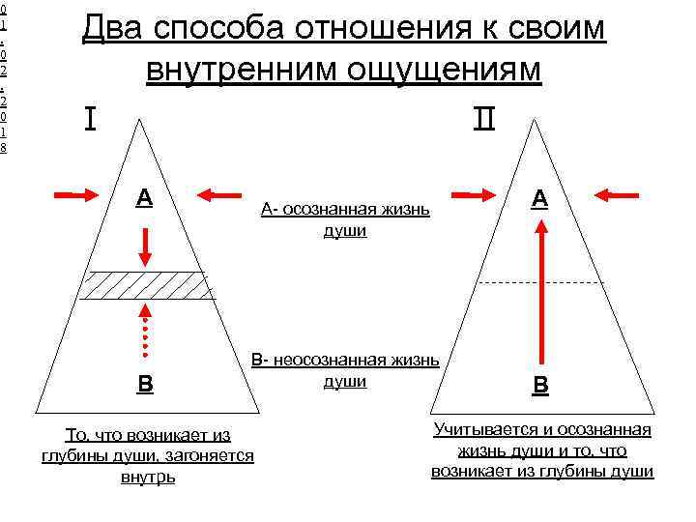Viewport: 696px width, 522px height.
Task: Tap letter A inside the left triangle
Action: [x=143, y=197]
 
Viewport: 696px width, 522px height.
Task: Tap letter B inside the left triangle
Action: [x=144, y=383]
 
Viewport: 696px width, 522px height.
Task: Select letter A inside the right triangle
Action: [x=539, y=198]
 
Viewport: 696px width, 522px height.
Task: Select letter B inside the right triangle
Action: [x=540, y=385]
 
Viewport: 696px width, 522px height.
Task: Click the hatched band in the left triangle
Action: [x=145, y=286]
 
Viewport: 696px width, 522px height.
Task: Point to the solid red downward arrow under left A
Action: [x=144, y=246]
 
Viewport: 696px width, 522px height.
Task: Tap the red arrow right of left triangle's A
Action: [x=221, y=194]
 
